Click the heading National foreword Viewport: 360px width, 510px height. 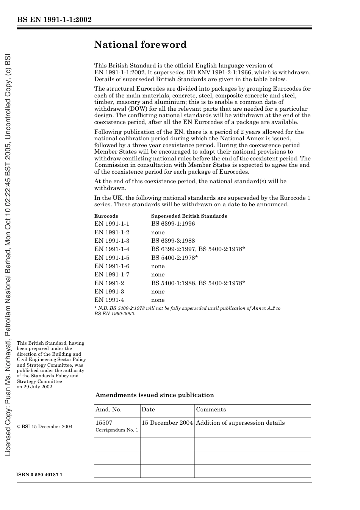click(x=140, y=45)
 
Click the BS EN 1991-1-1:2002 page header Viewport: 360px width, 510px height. click(x=54, y=20)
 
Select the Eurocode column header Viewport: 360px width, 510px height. click(x=106, y=216)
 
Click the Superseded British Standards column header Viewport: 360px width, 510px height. click(x=189, y=216)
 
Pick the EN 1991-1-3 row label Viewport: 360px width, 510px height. click(x=112, y=241)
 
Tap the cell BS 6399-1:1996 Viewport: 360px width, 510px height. click(x=173, y=224)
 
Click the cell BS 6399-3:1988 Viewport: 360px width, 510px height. click(x=173, y=241)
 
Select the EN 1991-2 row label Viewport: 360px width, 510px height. click(x=109, y=283)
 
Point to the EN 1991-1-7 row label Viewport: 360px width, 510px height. click(x=112, y=275)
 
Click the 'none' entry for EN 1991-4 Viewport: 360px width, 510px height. click(x=158, y=300)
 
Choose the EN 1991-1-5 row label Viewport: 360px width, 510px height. click(x=112, y=258)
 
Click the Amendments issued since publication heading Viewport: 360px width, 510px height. click(x=155, y=395)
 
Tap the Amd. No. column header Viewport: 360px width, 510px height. click(x=108, y=410)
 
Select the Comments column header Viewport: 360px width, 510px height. click(x=211, y=410)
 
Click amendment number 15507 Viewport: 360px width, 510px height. click(x=104, y=423)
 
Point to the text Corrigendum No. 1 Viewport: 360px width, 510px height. click(x=117, y=430)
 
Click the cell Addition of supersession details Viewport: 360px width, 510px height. click(x=240, y=423)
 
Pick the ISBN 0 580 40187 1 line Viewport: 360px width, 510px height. click(x=39, y=475)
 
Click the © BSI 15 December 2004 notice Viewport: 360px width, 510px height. click(x=45, y=427)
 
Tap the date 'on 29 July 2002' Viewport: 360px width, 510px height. click(x=34, y=387)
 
